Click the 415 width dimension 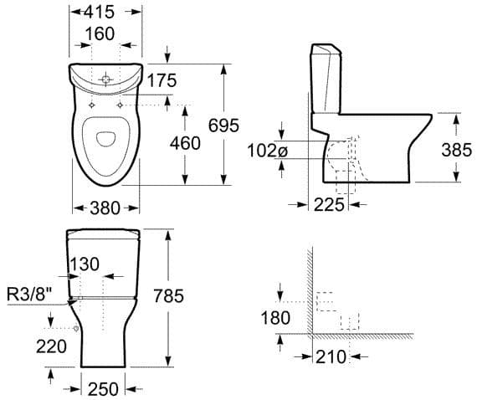tap(100, 13)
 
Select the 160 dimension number tap(100, 33)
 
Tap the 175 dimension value tap(162, 80)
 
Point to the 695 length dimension tap(223, 125)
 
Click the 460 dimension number tap(185, 143)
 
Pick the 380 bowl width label tap(105, 208)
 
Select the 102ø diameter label tap(267, 151)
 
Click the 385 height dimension tap(457, 150)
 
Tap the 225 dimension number tap(329, 205)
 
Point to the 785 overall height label tap(168, 295)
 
